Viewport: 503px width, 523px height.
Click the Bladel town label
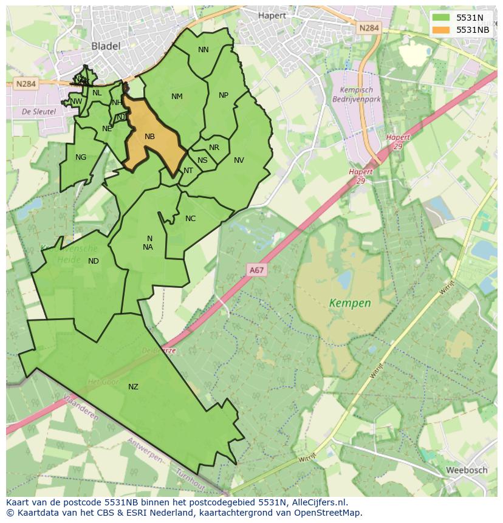106,46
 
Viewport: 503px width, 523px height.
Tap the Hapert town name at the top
272,16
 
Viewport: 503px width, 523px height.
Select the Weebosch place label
467,470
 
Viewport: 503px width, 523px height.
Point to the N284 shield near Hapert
368,28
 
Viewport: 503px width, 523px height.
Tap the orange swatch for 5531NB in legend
442,30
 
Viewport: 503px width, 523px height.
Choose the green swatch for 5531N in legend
442,18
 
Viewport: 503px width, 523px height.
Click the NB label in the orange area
149,137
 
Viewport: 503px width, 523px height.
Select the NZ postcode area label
133,387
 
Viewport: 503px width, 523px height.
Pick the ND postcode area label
93,261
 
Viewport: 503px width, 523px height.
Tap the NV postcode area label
239,160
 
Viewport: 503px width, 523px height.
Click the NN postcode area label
204,50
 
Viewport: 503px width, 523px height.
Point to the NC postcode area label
190,219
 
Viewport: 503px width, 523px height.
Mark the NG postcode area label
81,157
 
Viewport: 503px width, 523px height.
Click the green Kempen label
349,302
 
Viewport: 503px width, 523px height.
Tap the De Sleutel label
38,112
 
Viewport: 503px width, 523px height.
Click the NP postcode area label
224,95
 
